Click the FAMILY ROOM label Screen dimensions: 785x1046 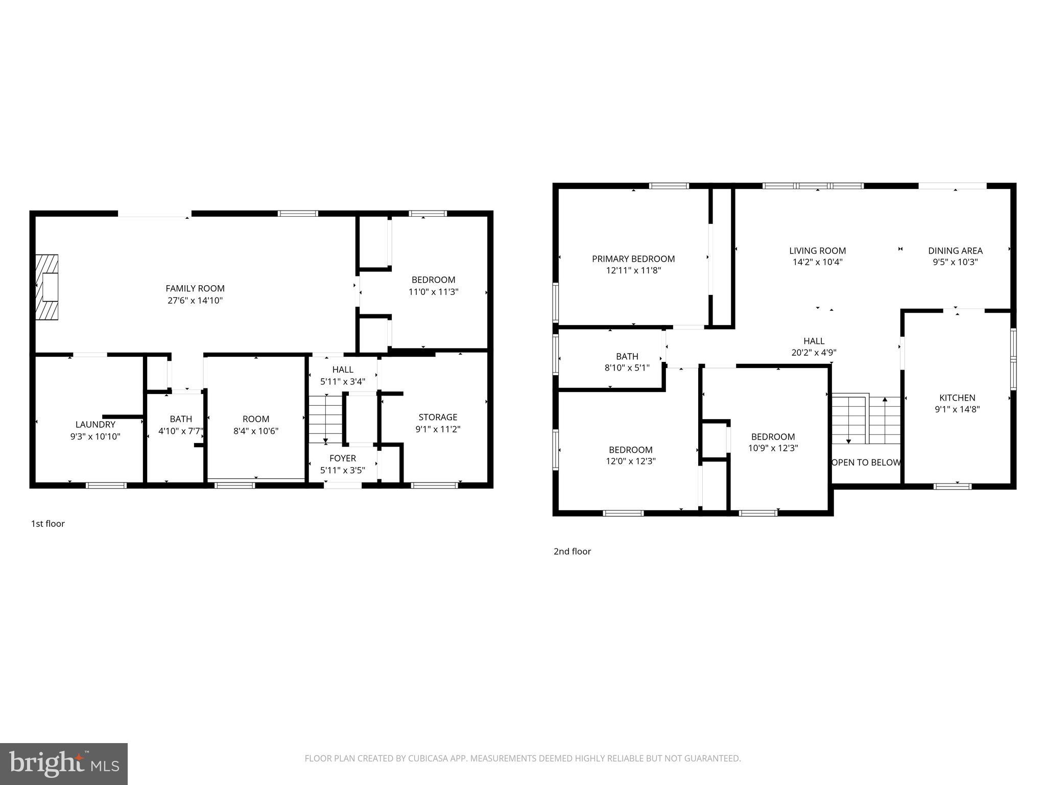(195, 288)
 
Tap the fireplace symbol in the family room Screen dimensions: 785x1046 (47, 287)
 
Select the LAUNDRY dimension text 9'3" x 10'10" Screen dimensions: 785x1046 (95, 436)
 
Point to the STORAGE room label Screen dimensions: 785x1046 (438, 417)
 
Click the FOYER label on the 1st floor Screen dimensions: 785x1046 (342, 458)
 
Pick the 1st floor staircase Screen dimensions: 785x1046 (325, 419)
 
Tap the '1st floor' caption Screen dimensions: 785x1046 (48, 523)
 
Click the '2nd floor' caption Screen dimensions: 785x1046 (572, 551)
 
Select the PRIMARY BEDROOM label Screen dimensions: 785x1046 (633, 259)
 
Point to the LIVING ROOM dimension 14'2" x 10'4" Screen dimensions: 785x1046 (817, 262)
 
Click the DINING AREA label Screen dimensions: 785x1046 (955, 250)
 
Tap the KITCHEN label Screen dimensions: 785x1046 (957, 398)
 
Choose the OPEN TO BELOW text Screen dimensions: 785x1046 (866, 463)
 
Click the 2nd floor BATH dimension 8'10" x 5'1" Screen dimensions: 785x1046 (627, 367)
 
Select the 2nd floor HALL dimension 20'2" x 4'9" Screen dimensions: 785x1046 (814, 352)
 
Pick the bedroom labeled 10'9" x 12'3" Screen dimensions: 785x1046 (773, 443)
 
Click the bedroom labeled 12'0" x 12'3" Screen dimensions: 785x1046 (631, 455)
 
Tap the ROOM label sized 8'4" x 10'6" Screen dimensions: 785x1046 (256, 419)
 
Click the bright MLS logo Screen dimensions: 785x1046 (64, 764)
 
